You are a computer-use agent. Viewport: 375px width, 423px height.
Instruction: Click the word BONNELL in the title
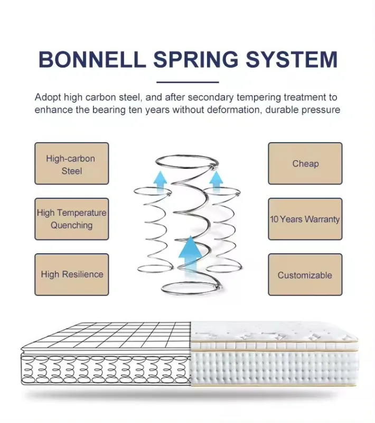pyautogui.click(x=92, y=59)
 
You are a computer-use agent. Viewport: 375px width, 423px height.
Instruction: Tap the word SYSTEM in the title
pyautogui.click(x=292, y=59)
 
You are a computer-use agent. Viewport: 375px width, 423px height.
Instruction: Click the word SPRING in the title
pyautogui.click(x=196, y=59)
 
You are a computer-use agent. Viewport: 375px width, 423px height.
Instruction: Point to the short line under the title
pyautogui.click(x=187, y=82)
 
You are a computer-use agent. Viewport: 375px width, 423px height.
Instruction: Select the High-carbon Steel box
pyautogui.click(x=72, y=163)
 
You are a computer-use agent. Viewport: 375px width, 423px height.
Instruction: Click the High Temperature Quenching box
pyautogui.click(x=72, y=219)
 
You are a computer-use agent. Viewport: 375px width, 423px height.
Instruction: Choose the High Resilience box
pyautogui.click(x=72, y=274)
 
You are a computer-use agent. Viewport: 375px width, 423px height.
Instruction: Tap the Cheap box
pyautogui.click(x=305, y=163)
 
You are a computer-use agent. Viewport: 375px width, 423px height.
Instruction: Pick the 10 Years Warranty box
pyautogui.click(x=305, y=219)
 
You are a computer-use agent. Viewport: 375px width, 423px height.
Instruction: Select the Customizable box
pyautogui.click(x=305, y=274)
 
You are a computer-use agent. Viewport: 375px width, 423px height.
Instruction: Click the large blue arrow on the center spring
pyautogui.click(x=191, y=256)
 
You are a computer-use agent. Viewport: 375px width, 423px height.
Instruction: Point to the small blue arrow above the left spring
pyautogui.click(x=160, y=181)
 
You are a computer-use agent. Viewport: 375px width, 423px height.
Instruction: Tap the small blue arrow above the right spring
pyautogui.click(x=216, y=181)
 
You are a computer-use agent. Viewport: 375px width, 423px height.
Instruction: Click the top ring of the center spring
pyautogui.click(x=186, y=155)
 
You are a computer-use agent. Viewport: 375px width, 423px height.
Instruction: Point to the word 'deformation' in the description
pyautogui.click(x=231, y=110)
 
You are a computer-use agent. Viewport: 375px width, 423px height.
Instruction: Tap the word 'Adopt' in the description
pyautogui.click(x=48, y=97)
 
